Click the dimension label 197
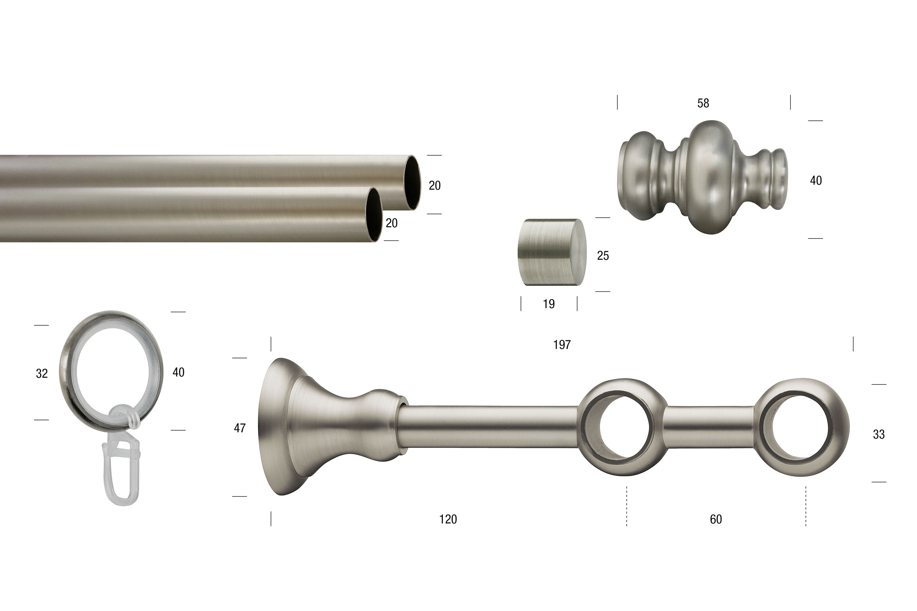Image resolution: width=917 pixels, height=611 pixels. [x=562, y=345]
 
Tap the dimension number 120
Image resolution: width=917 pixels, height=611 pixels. [x=448, y=519]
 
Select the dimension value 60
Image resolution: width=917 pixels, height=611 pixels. [x=716, y=519]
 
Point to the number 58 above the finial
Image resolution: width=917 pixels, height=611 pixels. [x=703, y=103]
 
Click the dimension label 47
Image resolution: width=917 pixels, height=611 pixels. [x=240, y=428]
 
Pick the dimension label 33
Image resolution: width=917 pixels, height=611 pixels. [x=879, y=434]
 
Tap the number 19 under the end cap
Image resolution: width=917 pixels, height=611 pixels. [x=549, y=304]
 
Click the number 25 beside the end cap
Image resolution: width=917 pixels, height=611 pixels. [x=603, y=256]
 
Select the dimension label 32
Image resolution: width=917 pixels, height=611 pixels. [x=42, y=373]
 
